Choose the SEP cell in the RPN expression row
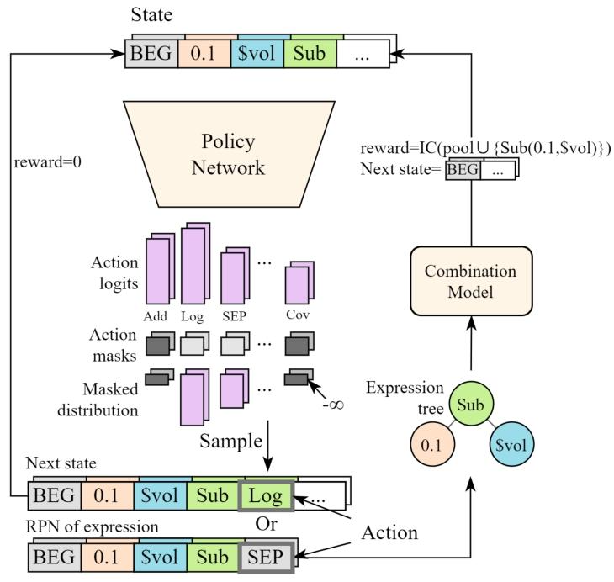[x=266, y=555]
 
